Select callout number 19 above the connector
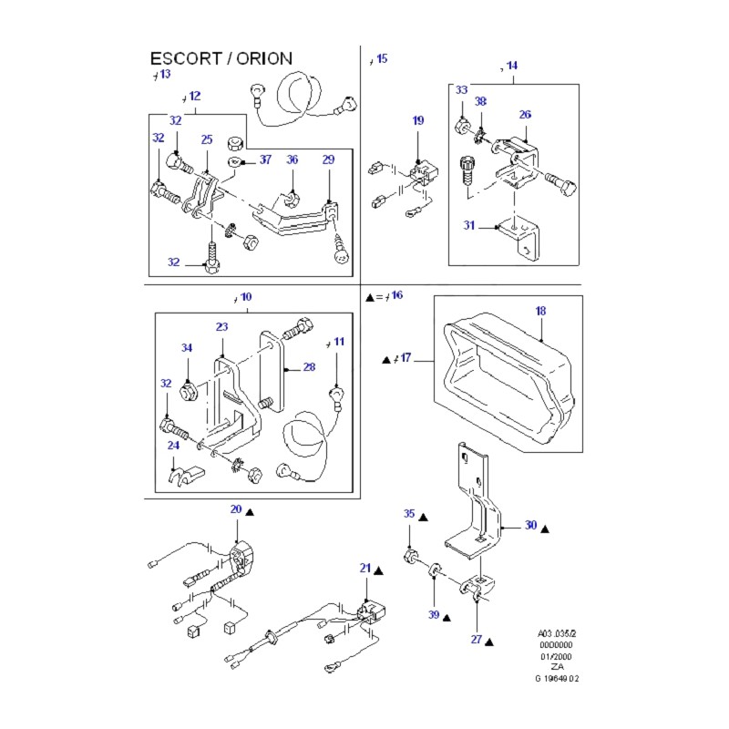[x=417, y=120]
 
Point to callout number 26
[x=525, y=115]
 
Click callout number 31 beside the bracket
[x=468, y=225]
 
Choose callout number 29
[x=328, y=159]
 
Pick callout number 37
[x=265, y=159]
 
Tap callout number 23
[x=221, y=326]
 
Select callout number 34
[x=187, y=347]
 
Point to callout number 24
[x=173, y=446]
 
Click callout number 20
[x=235, y=509]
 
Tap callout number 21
[x=364, y=568]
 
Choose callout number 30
[x=530, y=526]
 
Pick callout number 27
[x=476, y=639]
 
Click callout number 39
[x=433, y=615]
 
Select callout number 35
[x=409, y=515]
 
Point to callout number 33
[x=461, y=90]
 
